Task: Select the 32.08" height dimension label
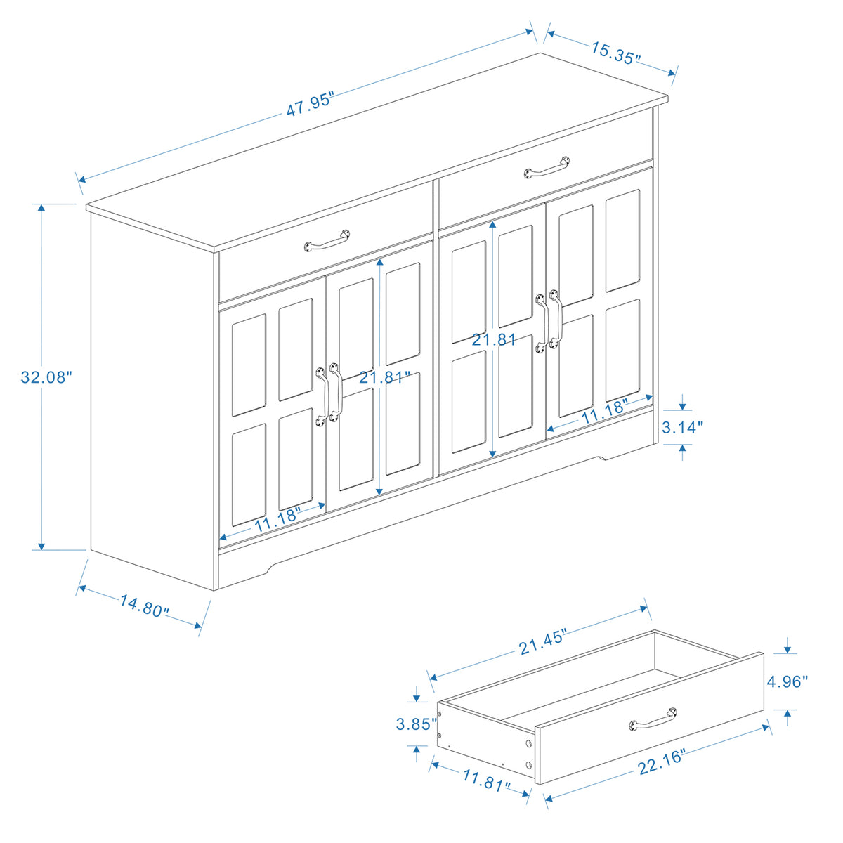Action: pyautogui.click(x=46, y=377)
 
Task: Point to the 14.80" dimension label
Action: pyautogui.click(x=144, y=606)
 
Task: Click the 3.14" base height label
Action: pyautogui.click(x=683, y=427)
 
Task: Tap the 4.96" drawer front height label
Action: pyautogui.click(x=788, y=681)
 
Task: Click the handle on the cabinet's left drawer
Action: pyautogui.click(x=327, y=240)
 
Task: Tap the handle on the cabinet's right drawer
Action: pyautogui.click(x=547, y=167)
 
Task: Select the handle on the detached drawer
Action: pyautogui.click(x=653, y=720)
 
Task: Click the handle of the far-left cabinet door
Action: pyautogui.click(x=322, y=396)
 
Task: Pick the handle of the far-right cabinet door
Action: pyautogui.click(x=556, y=319)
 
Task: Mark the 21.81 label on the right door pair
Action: pyautogui.click(x=494, y=340)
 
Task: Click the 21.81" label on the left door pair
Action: pyautogui.click(x=384, y=377)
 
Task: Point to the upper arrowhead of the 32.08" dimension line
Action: pyautogui.click(x=42, y=208)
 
